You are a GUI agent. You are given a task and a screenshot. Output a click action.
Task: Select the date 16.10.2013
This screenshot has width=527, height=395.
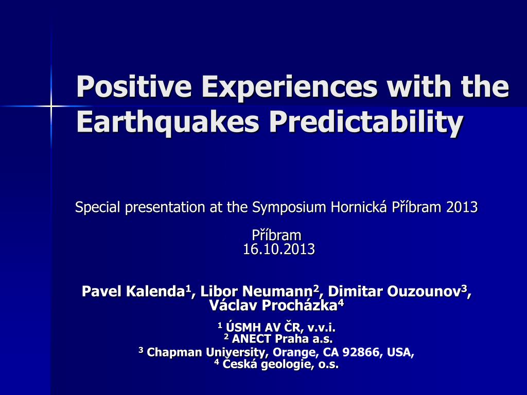click(x=279, y=249)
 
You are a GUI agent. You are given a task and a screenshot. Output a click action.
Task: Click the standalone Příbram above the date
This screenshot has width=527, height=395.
click(x=276, y=235)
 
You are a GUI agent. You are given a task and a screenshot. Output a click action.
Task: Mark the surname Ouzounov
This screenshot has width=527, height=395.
click(x=424, y=291)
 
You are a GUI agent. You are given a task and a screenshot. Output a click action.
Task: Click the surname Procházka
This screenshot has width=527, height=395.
click(x=299, y=306)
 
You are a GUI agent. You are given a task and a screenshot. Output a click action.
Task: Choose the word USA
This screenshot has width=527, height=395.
click(x=399, y=352)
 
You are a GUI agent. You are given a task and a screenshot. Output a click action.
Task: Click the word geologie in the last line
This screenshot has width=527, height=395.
click(x=286, y=365)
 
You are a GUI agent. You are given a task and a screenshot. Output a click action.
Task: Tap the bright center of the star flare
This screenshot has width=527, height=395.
click(x=51, y=106)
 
